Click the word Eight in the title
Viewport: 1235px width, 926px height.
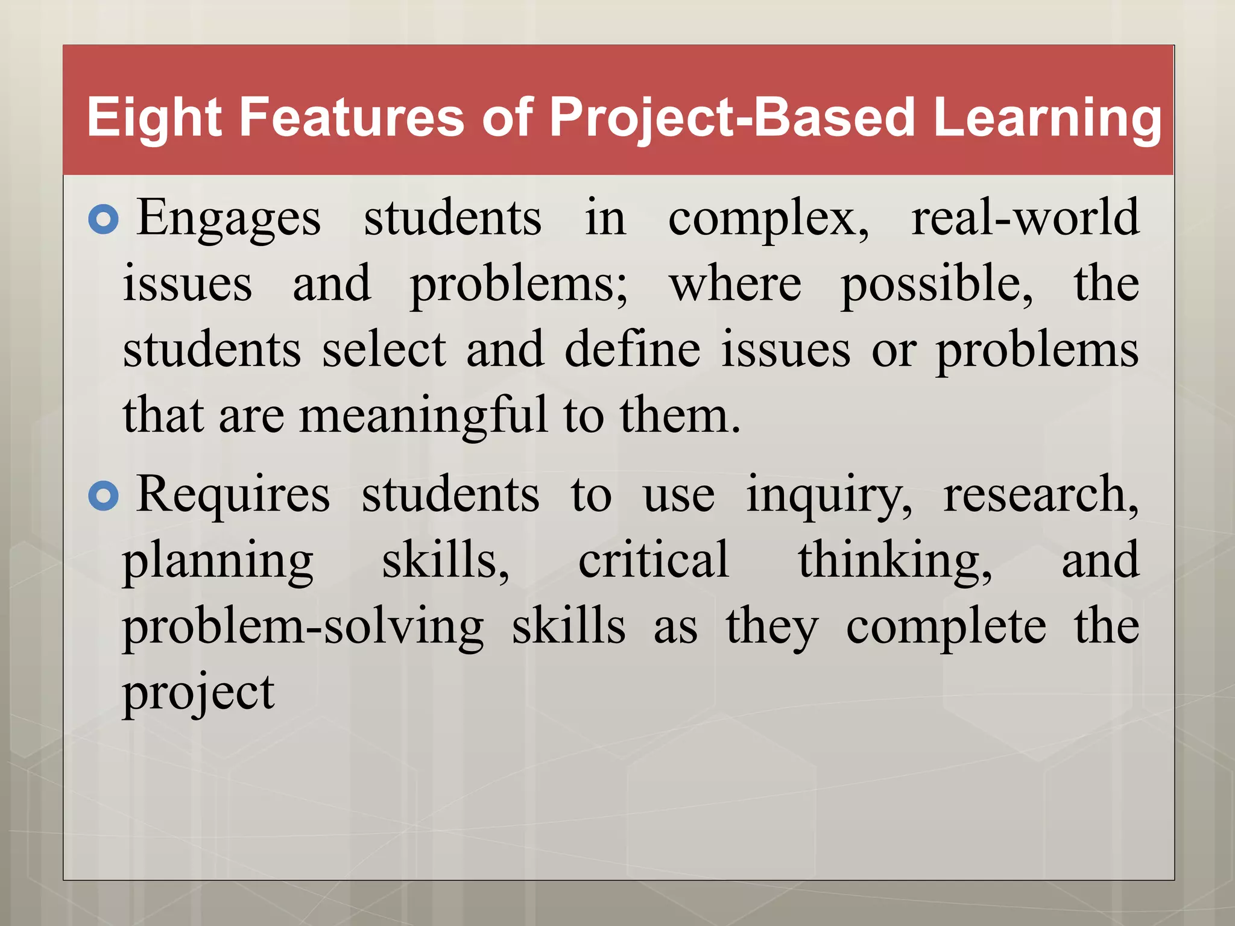154,118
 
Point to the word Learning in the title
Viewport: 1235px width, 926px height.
1047,118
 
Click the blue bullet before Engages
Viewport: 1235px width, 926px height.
104,220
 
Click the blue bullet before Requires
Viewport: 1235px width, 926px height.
104,497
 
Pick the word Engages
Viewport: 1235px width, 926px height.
229,218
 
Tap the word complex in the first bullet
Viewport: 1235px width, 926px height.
768,218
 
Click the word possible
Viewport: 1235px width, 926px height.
936,284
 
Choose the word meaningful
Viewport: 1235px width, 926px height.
423,416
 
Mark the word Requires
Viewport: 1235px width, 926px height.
233,495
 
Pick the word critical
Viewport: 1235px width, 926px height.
654,560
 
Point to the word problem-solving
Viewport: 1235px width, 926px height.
303,628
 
